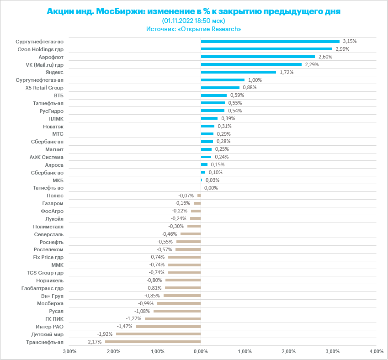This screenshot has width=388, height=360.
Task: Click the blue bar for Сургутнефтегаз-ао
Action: [x=270, y=42]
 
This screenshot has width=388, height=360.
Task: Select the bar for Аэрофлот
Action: [x=258, y=57]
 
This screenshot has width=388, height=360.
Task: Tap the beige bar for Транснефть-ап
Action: [x=153, y=342]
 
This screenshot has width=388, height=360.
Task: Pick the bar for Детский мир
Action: [x=158, y=334]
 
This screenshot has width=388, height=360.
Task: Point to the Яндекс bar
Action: [x=238, y=72]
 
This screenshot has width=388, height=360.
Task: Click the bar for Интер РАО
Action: [x=168, y=326]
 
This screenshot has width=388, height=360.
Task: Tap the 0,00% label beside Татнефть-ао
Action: [x=211, y=187]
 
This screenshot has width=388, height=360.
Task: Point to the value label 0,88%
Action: [x=250, y=87]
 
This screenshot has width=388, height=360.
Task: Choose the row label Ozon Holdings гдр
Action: [x=40, y=49]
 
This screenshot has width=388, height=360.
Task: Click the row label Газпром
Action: [x=53, y=203]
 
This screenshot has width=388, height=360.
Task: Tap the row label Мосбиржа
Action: [x=50, y=303]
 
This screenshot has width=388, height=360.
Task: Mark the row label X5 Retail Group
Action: [x=45, y=87]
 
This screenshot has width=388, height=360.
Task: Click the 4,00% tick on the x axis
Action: [x=376, y=351]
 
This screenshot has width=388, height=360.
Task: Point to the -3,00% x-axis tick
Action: [x=69, y=351]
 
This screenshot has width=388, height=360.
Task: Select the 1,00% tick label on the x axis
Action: [x=244, y=351]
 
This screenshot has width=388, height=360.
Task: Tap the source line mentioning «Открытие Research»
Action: [x=194, y=28]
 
